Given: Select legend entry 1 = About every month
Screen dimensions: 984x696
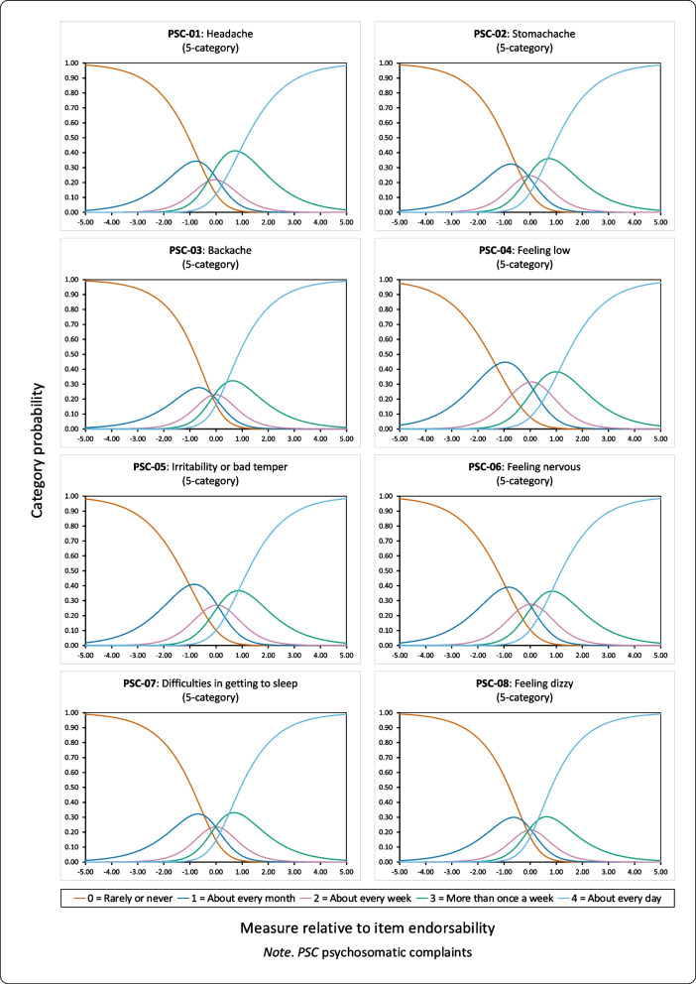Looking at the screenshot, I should point(249,898).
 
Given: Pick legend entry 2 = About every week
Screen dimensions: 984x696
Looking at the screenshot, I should point(369,898).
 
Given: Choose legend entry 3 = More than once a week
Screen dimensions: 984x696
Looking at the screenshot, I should point(493,898).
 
